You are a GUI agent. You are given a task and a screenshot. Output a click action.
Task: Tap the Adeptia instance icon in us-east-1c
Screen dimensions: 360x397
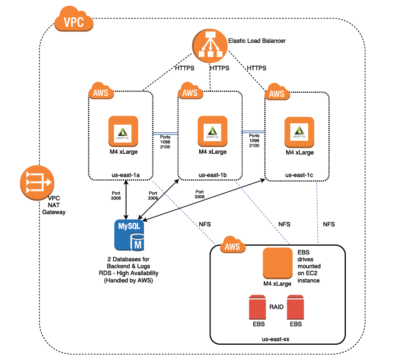299,132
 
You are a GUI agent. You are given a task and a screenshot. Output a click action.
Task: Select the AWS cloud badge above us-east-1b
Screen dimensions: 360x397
190,92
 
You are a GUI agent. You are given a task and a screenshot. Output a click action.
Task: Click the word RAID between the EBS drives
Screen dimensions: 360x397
276,308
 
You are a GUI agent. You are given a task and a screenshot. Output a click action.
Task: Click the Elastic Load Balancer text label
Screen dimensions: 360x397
257,40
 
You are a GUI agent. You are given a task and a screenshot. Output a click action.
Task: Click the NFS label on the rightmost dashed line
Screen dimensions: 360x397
328,224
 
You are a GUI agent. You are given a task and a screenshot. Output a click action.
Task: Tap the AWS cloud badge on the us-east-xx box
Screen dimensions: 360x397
232,246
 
